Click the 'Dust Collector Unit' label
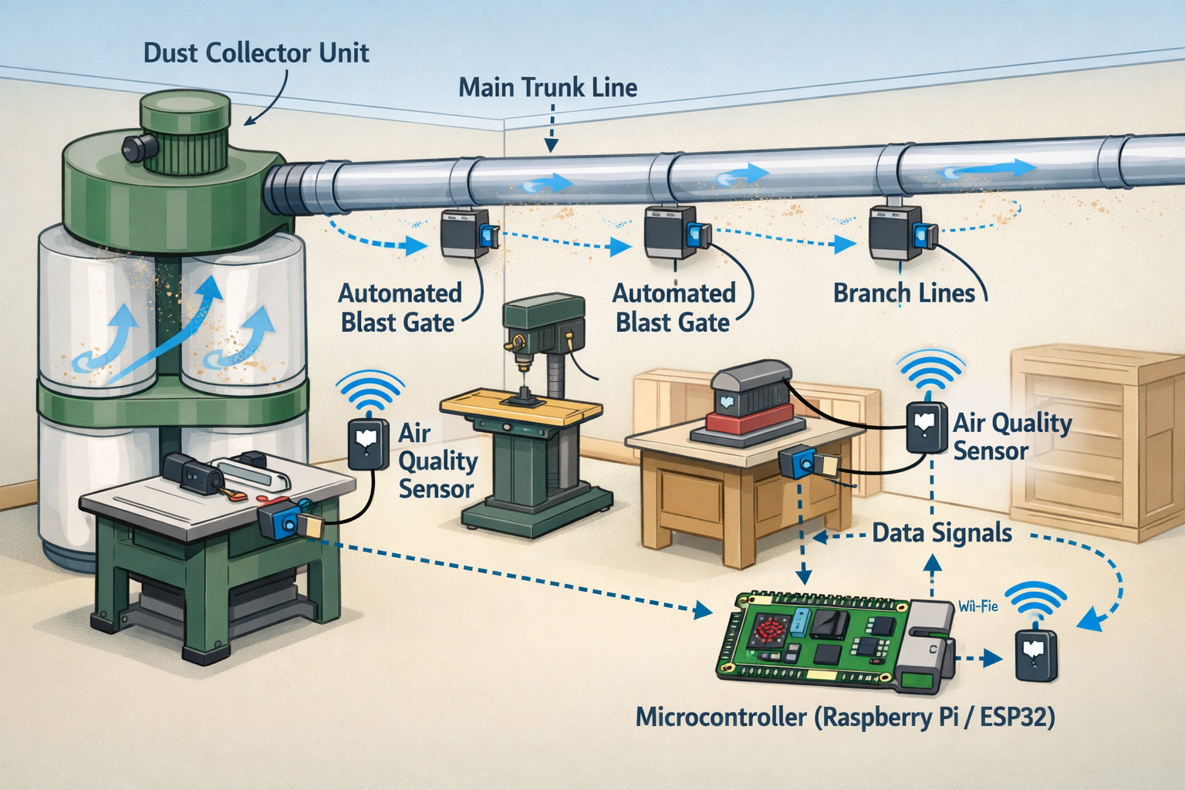[256, 52]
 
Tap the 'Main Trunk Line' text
[548, 87]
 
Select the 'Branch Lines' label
[904, 293]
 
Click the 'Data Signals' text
[942, 533]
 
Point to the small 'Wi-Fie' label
[977, 606]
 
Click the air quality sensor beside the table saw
[369, 443]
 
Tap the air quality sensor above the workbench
[926, 427]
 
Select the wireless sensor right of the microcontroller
[1036, 654]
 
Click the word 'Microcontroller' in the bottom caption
[722, 717]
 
